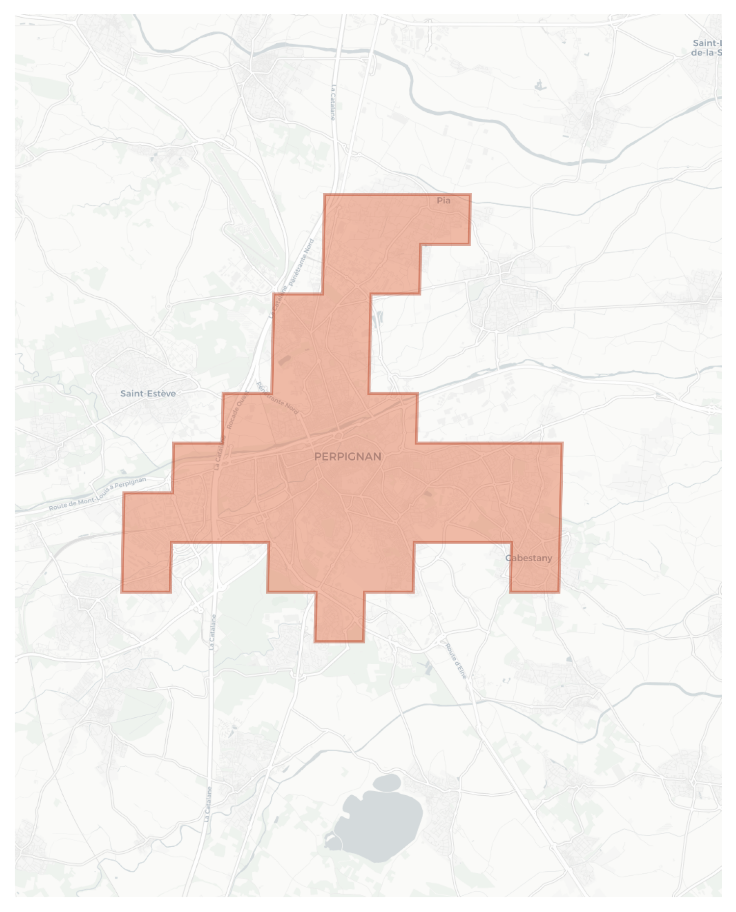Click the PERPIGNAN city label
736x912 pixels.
(347, 457)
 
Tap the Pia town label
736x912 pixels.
(443, 200)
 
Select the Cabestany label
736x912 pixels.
(528, 558)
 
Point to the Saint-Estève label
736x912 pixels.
(148, 393)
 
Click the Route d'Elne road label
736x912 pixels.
(456, 661)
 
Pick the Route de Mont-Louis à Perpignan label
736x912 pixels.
(97, 494)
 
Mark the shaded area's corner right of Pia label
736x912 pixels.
(470, 195)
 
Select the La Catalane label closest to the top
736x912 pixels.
(333, 102)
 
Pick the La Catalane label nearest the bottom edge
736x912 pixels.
(208, 804)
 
